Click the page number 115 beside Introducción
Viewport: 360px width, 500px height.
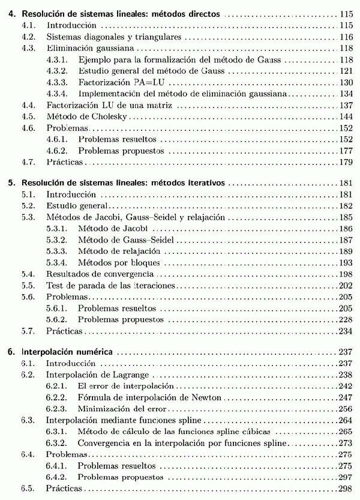click(345, 26)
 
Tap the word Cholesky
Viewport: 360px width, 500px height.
click(112, 116)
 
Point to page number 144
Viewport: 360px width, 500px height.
click(345, 116)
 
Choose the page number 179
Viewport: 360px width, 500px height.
click(345, 162)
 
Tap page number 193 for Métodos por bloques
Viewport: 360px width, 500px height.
click(345, 263)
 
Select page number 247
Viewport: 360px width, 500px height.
click(345, 398)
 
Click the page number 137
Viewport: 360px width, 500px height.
click(345, 105)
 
